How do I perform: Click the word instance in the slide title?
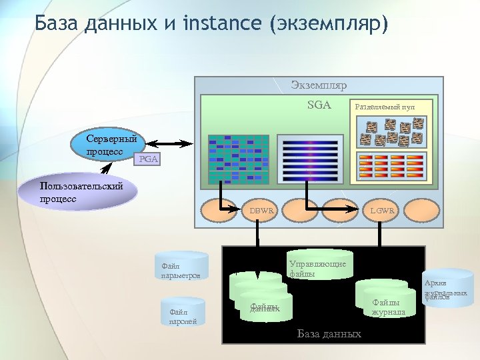tap(221, 24)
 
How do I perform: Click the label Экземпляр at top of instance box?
tap(319, 85)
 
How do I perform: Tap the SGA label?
tap(319, 104)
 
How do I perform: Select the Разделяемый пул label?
tap(385, 106)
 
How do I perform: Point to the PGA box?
tap(147, 160)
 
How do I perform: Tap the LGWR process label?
tap(383, 211)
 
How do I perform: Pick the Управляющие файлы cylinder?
tap(319, 267)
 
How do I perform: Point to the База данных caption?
tap(329, 333)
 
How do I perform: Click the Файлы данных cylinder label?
tap(264, 307)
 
